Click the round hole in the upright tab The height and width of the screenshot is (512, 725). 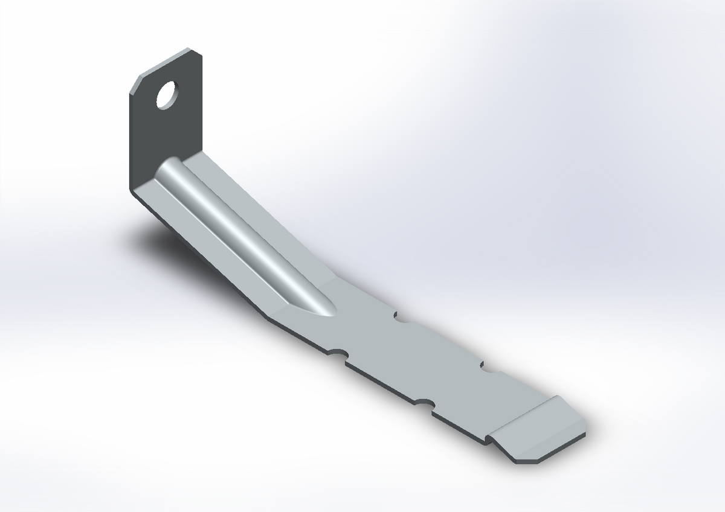pyautogui.click(x=166, y=95)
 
